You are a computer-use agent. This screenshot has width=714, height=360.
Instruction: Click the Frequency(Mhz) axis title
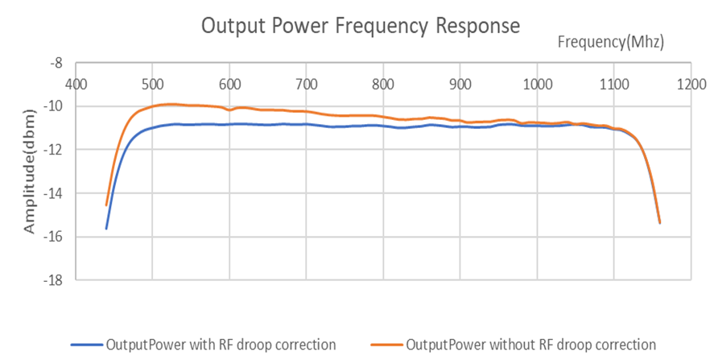tap(611, 42)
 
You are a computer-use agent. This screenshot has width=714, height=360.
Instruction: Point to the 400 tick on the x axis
tap(76, 84)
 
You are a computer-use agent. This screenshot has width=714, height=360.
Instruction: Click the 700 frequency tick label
tap(307, 84)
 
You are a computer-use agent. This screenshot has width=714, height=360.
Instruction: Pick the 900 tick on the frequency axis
tap(460, 84)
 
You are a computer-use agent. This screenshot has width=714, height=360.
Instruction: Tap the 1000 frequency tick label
tap(538, 84)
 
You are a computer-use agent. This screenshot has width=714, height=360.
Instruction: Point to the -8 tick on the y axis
tap(56, 63)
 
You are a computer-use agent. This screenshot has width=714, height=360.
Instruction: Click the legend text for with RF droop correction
tap(221, 345)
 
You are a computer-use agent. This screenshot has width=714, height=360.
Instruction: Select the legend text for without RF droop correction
tap(530, 345)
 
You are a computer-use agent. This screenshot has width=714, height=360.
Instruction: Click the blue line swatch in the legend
tap(87, 345)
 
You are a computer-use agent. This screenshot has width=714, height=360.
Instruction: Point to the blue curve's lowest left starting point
tap(106, 229)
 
